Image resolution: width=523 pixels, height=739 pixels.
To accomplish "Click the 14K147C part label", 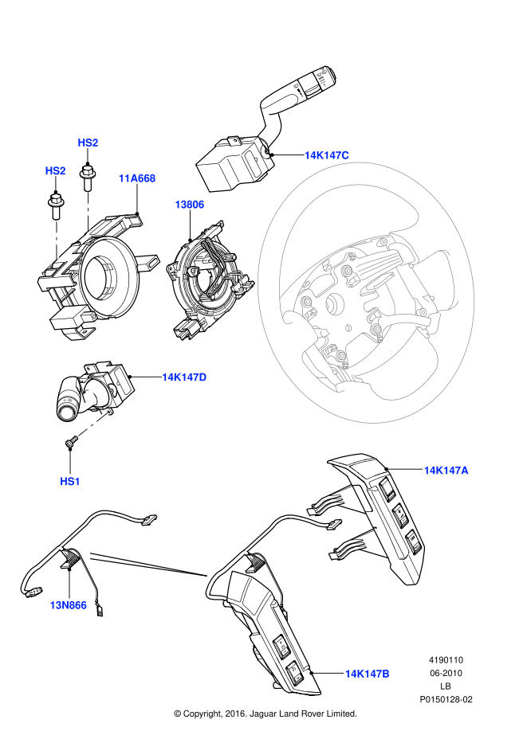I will coord(326,155).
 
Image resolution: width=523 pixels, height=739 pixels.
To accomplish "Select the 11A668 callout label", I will coord(136,178).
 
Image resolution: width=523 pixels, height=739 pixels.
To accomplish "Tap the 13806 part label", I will coord(190,205).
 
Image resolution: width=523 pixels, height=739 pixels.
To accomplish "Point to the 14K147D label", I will coord(184,377).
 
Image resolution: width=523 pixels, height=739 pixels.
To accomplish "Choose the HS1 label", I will coord(70,481).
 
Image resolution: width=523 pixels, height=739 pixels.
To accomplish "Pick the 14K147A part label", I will coord(446,471).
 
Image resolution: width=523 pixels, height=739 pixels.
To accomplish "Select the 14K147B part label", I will coord(367,674).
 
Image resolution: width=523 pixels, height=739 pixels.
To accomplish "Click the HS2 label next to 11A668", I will coord(88,143).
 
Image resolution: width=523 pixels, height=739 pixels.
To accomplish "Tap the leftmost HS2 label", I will coord(55,170).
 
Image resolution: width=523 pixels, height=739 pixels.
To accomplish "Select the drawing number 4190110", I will coord(446,660).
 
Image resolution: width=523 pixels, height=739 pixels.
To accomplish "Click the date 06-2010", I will coord(446,673).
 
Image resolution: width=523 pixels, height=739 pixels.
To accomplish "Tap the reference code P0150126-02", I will coord(446,699).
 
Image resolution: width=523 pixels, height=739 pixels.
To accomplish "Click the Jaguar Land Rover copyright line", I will coord(265,714).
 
